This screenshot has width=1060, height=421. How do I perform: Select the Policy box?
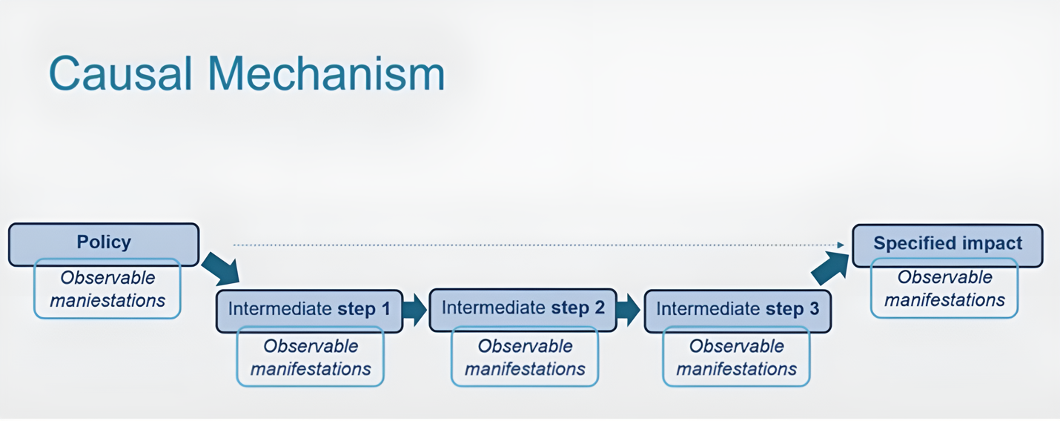(104, 242)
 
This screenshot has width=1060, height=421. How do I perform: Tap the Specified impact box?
(947, 243)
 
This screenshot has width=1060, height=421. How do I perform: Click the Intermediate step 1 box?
(309, 309)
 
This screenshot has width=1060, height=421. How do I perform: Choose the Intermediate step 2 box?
(523, 308)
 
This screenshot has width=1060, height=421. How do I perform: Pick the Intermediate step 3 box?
(738, 309)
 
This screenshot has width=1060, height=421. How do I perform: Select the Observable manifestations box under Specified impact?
(944, 288)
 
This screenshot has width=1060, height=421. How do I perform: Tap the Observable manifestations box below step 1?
(310, 357)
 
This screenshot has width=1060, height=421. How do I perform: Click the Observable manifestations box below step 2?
(525, 357)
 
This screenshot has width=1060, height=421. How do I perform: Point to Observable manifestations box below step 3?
(736, 357)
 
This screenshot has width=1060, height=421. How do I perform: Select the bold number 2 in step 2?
(599, 308)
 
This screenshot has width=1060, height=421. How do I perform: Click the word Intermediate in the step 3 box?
(707, 309)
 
